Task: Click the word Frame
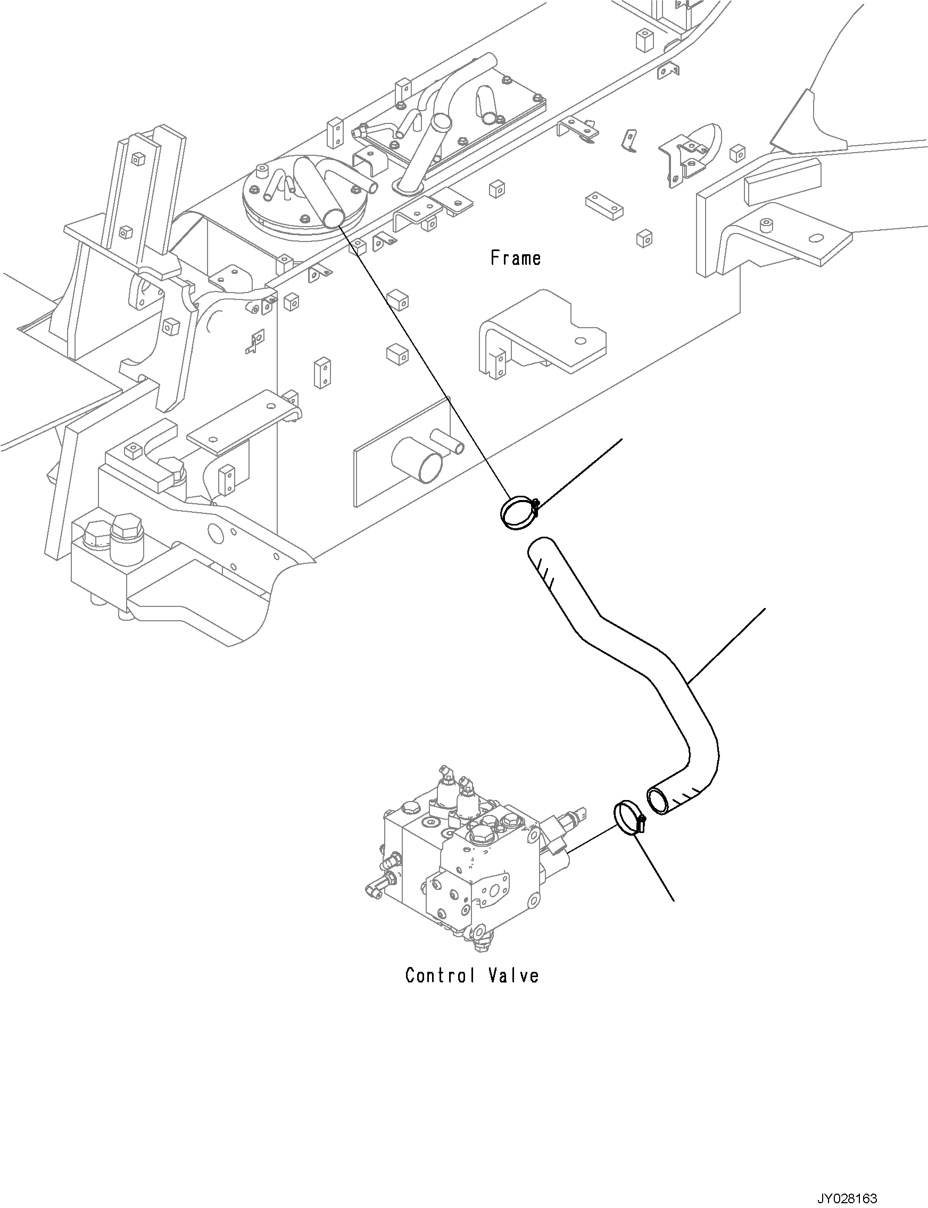[516, 258]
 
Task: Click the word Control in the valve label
[440, 976]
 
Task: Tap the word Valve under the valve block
[513, 976]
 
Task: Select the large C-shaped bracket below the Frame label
[541, 335]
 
